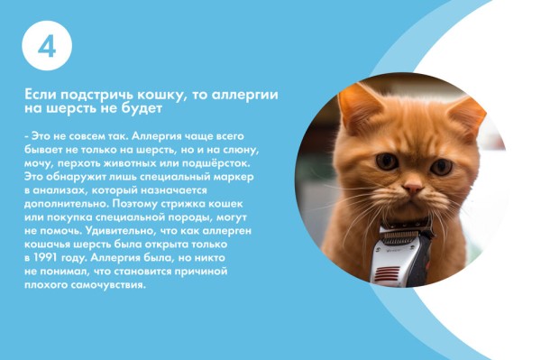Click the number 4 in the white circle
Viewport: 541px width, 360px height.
46,47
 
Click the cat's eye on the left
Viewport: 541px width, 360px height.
387,162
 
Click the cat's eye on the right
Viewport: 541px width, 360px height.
441,166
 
